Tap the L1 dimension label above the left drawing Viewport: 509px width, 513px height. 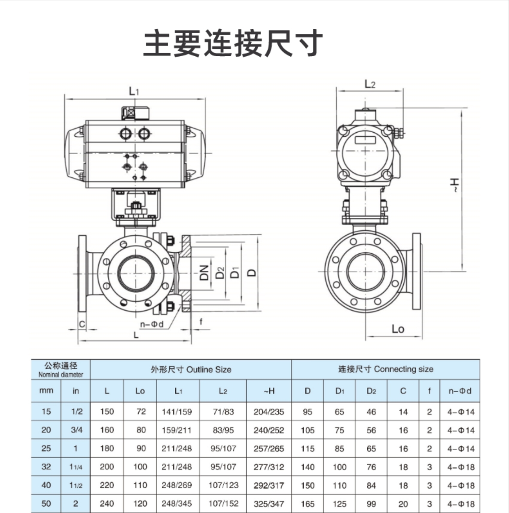coord(134,91)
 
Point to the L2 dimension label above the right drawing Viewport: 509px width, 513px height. coord(370,84)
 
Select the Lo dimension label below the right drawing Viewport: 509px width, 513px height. coord(398,329)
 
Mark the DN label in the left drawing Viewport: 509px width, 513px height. coord(204,272)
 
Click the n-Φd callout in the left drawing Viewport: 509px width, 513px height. coord(152,324)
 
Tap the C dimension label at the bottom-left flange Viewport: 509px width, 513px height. coord(82,324)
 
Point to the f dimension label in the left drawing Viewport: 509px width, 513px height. coord(201,321)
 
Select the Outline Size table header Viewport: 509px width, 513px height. coord(191,369)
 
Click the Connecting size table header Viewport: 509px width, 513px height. coord(385,369)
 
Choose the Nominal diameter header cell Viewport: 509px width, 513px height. coord(61,369)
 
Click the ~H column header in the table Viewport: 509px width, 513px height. coord(268,391)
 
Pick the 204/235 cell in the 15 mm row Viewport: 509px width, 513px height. coord(268,412)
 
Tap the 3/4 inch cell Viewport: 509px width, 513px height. coord(76,430)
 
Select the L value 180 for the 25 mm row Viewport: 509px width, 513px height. coord(107,449)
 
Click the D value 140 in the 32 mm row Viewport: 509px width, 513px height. coord(308,467)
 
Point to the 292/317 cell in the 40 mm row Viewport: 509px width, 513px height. coord(268,486)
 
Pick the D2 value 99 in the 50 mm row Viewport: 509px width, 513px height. coord(371,504)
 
